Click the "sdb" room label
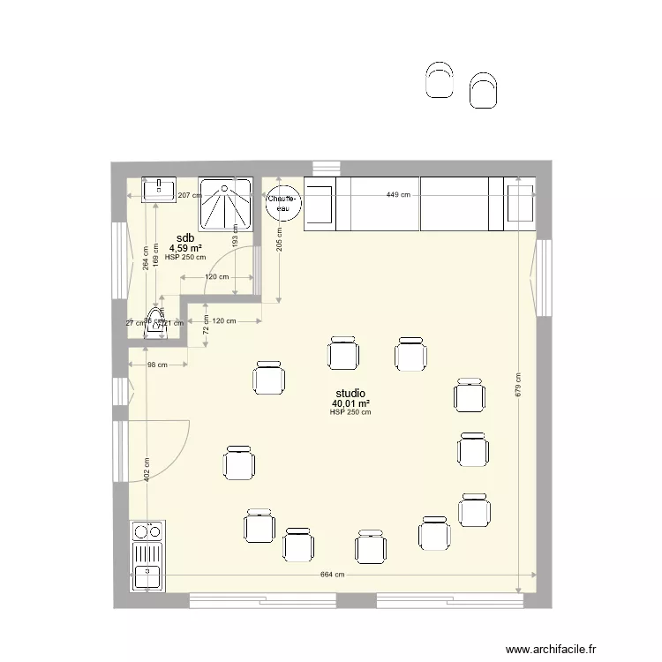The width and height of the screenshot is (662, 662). tap(185, 239)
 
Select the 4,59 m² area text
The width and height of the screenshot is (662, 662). tap(185, 249)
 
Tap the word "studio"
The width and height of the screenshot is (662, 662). tap(350, 394)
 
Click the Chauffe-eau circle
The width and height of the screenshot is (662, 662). tap(284, 204)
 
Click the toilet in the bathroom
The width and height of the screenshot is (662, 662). tap(157, 322)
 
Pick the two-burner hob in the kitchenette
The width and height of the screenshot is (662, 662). tap(147, 531)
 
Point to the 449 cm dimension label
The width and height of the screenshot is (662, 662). tap(398, 195)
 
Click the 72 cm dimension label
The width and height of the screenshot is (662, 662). tap(205, 330)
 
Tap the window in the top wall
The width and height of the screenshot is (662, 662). tap(325, 167)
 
